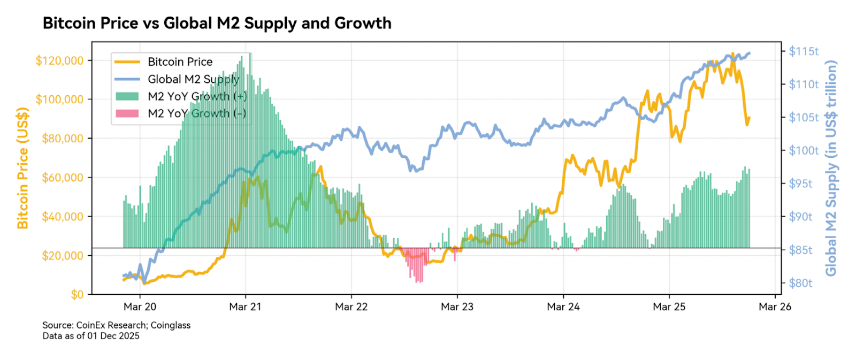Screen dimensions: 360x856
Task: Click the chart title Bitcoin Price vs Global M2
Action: [x=217, y=24]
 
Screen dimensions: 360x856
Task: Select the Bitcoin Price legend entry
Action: [x=180, y=62]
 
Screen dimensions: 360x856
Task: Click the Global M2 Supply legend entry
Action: [x=193, y=79]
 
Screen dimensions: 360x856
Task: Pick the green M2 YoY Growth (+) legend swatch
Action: [x=127, y=96]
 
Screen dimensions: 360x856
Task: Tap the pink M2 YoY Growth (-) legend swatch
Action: [x=127, y=113]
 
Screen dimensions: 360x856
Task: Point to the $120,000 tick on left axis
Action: [x=59, y=60]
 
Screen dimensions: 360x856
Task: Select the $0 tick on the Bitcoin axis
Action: [x=77, y=295]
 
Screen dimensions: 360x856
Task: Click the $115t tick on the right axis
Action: [x=804, y=51]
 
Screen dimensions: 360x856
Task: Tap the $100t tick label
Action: [x=804, y=150]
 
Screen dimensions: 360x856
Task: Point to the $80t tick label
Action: [x=800, y=283]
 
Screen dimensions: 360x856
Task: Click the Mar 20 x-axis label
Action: [x=140, y=307]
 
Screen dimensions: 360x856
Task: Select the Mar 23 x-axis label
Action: [x=457, y=307]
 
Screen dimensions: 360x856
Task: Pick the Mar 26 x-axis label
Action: [x=775, y=307]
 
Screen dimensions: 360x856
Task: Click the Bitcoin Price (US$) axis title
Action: [x=22, y=168]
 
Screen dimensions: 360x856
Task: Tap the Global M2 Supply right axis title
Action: [x=831, y=168]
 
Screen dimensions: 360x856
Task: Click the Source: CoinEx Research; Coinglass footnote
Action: [x=116, y=325]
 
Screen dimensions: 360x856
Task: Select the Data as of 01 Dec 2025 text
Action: [x=91, y=336]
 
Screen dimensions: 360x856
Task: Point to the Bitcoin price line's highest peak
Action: [x=732, y=54]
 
